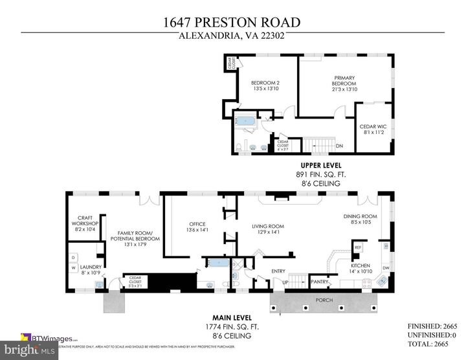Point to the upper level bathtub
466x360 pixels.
tap(247, 121)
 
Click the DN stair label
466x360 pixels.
tap(339, 146)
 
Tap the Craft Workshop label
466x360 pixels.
tap(85, 223)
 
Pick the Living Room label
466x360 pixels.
tap(268, 229)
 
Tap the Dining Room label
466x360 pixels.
tap(360, 219)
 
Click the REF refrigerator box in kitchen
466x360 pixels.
tap(358, 247)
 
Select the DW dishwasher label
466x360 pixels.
tap(386, 267)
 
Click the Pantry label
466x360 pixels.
tap(319, 282)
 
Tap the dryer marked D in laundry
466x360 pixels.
tap(73, 257)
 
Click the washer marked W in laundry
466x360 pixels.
tap(73, 267)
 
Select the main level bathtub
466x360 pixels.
tap(214, 263)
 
